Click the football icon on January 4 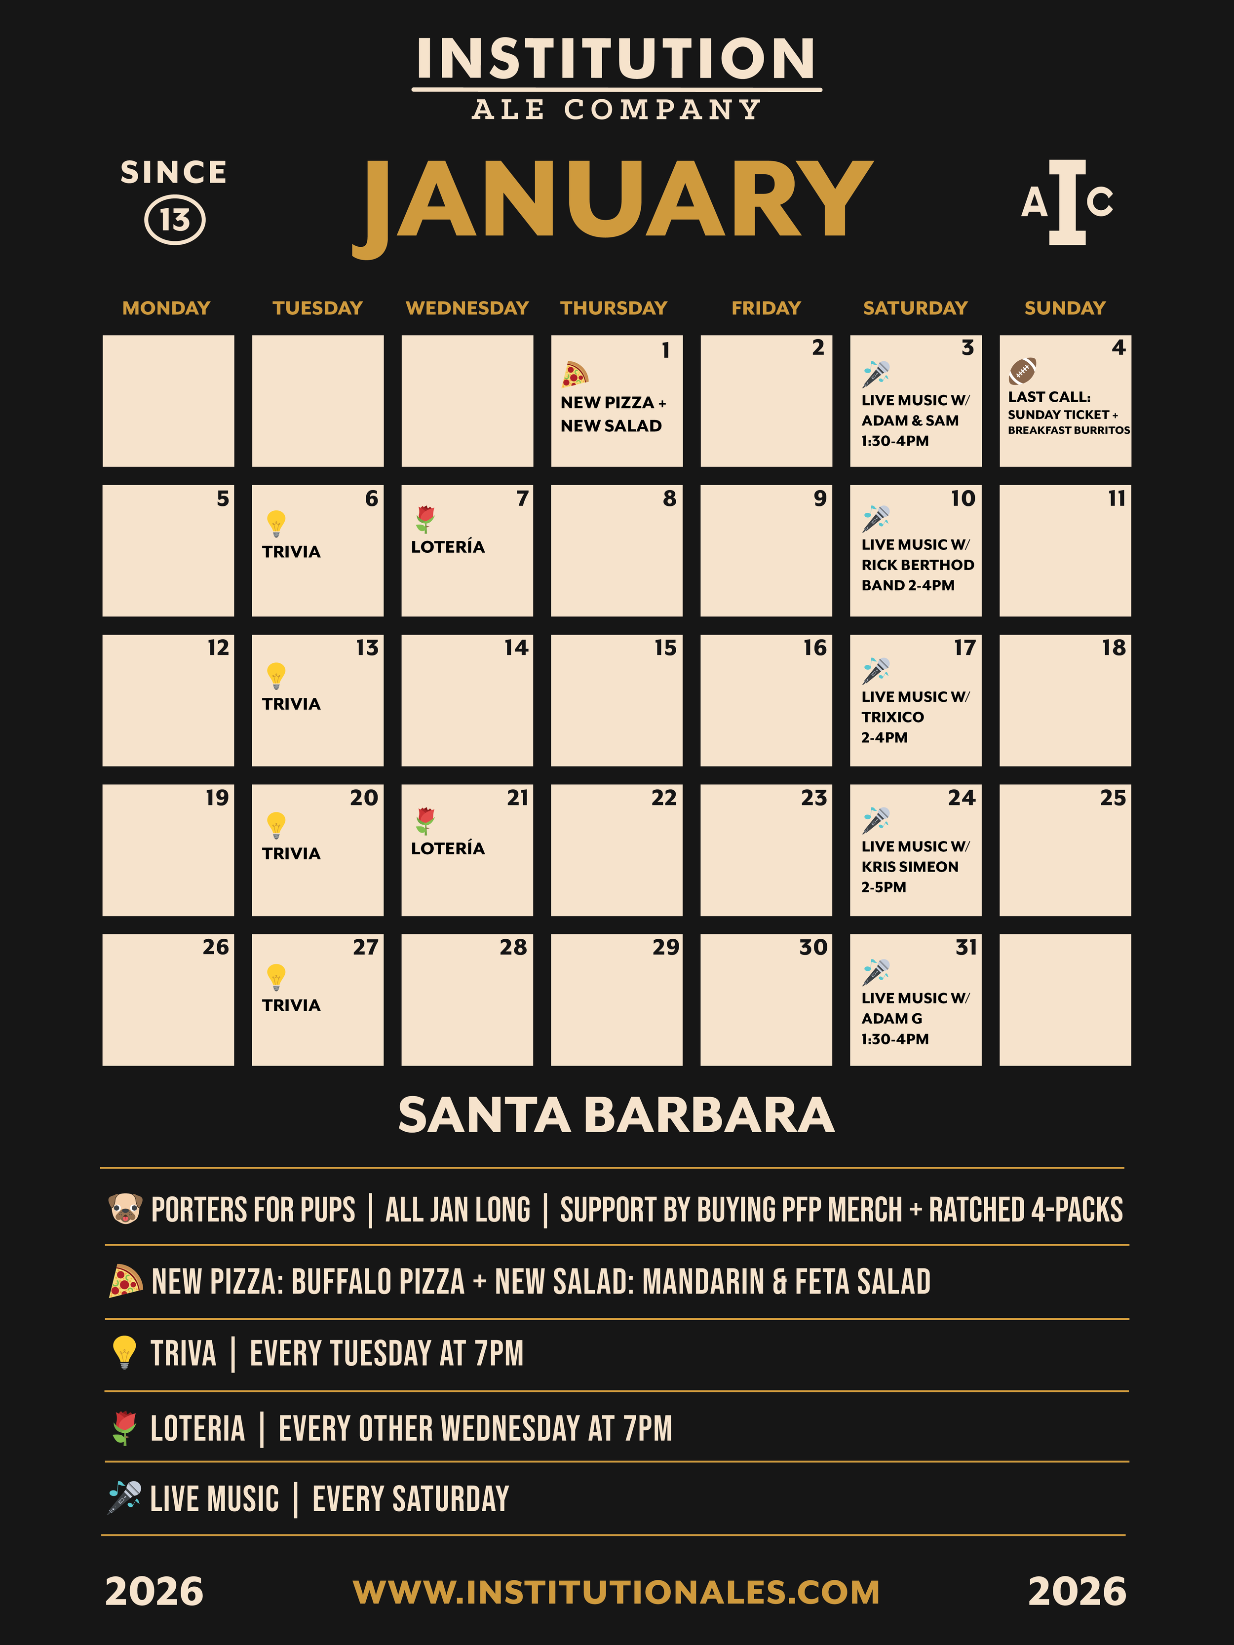[1023, 370]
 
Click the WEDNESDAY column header [467, 308]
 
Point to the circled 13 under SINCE [175, 220]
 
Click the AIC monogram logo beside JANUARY [1067, 202]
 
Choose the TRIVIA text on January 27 [291, 1005]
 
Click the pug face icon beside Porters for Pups [125, 1209]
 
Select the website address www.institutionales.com [617, 1592]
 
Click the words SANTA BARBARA [617, 1115]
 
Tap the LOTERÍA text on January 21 [448, 848]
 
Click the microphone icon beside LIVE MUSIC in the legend [125, 1496]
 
